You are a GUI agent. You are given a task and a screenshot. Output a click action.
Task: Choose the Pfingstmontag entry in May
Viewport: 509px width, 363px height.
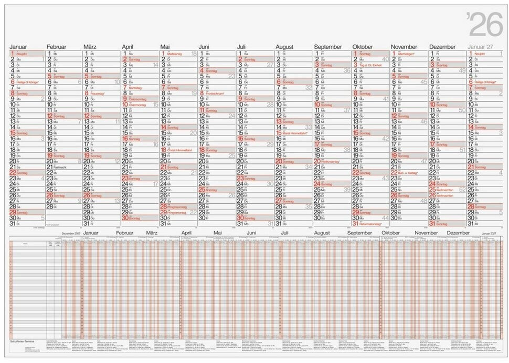point(176,212)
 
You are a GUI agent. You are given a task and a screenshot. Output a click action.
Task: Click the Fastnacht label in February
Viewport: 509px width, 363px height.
point(60,167)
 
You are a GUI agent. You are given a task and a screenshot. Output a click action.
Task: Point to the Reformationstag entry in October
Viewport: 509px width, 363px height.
point(370,224)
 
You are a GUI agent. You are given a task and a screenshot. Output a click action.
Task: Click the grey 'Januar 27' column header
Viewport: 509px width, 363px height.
point(480,47)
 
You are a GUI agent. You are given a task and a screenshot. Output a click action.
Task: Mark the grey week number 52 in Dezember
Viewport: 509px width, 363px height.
point(462,190)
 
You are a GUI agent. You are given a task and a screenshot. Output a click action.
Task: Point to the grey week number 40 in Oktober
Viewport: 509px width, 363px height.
point(385,59)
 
